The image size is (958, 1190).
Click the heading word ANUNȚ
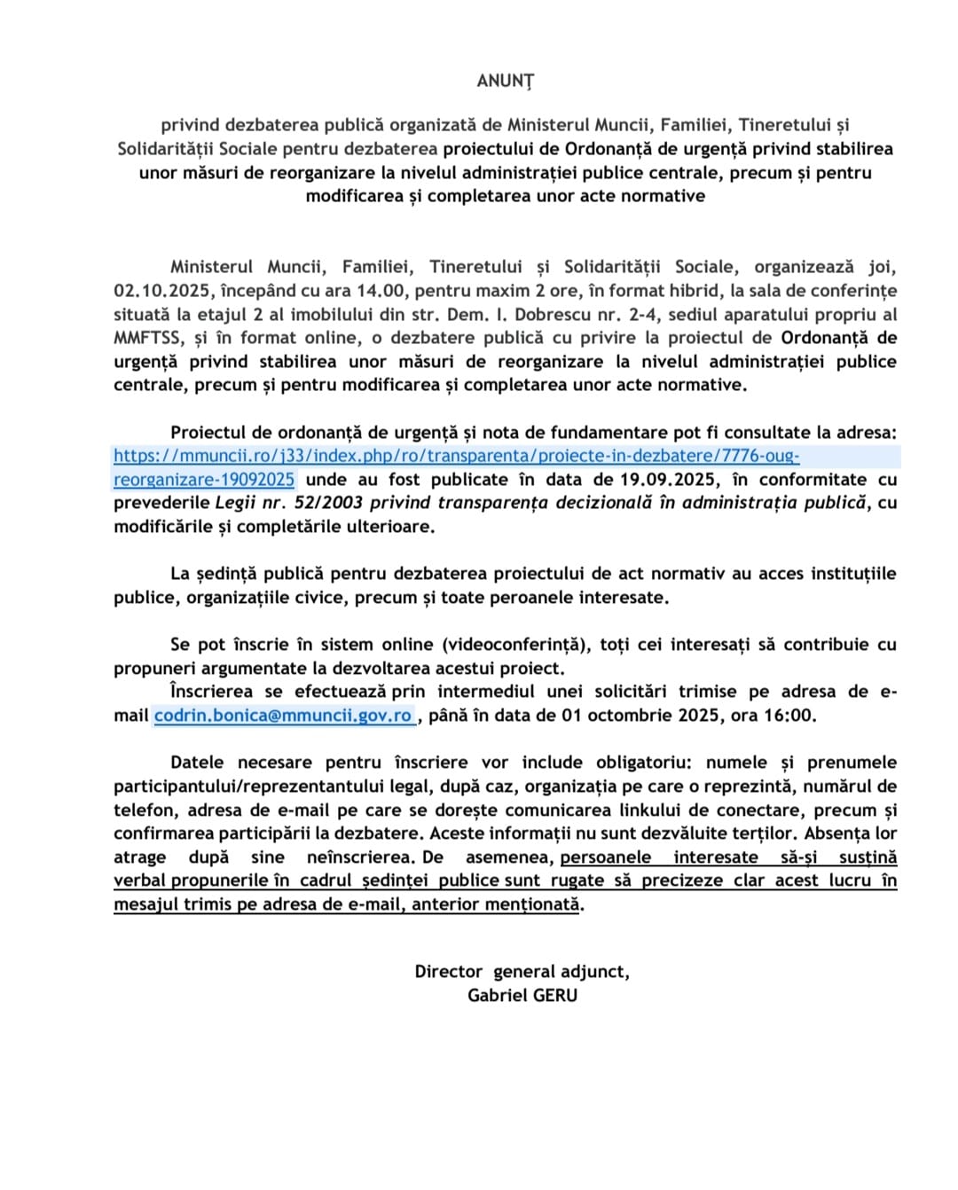tap(506, 81)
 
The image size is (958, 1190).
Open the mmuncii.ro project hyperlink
tap(456, 457)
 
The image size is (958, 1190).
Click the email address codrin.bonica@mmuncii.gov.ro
tap(282, 716)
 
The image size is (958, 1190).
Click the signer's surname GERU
tap(554, 995)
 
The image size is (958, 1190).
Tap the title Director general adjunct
tap(522, 971)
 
